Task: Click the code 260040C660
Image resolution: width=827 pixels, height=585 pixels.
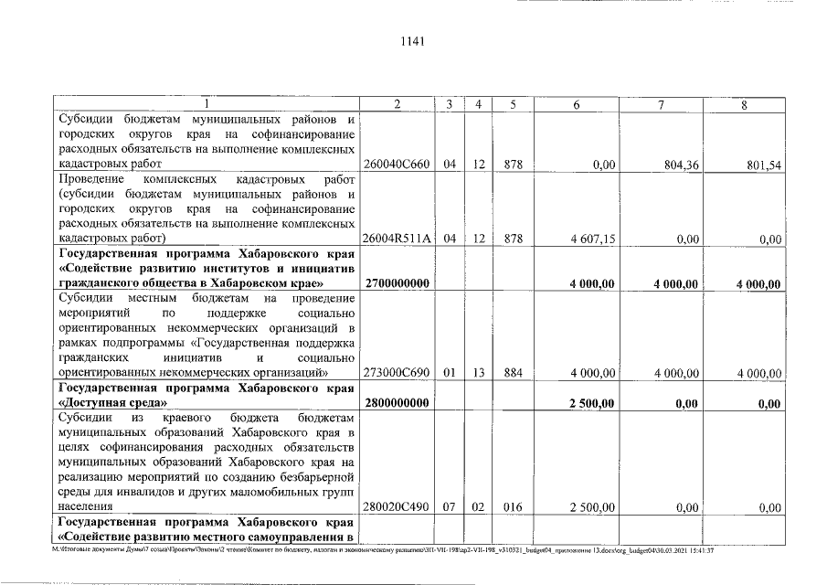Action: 397,165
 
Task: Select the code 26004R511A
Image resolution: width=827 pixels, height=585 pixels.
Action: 397,239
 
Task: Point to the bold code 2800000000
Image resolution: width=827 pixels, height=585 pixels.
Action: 397,403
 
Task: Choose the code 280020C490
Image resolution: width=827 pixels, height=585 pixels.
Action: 397,505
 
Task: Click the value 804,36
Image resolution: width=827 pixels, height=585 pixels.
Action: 678,165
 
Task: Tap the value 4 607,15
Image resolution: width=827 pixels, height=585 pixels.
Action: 594,239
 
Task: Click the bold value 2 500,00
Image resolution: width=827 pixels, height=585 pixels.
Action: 594,403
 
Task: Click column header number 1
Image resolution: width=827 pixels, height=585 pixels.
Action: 207,104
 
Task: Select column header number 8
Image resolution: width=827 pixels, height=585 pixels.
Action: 745,104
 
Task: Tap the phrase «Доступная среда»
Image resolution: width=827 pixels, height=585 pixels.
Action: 112,403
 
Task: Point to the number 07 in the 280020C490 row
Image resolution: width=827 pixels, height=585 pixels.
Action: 450,505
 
